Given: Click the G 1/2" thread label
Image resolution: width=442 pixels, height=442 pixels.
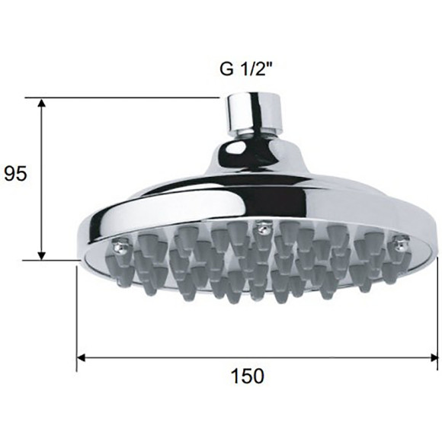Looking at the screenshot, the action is point(246,69).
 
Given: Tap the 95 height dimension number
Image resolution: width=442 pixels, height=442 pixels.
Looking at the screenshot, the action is point(15,173).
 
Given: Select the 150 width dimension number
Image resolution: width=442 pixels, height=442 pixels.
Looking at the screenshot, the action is point(248,376).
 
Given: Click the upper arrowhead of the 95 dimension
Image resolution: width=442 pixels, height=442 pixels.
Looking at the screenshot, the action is point(42,103).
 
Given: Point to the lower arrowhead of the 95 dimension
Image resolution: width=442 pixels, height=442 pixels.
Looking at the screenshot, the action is point(42,255).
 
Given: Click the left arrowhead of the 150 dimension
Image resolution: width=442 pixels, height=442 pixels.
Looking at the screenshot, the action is point(82,358).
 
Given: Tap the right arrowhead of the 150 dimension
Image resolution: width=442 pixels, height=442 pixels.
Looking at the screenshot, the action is point(434,358).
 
